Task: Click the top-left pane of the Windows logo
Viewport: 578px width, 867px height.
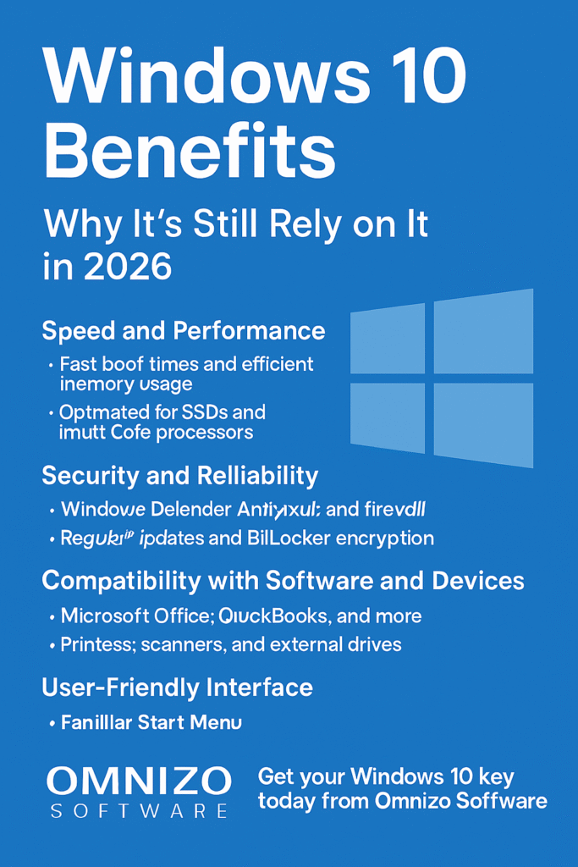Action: pyautogui.click(x=388, y=339)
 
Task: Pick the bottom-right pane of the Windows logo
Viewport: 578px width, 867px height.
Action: pyautogui.click(x=483, y=424)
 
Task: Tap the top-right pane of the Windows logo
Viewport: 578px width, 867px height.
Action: pyautogui.click(x=483, y=331)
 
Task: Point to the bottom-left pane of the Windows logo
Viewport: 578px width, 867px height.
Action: pyautogui.click(x=388, y=417)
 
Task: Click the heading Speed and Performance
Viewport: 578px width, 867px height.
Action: pyautogui.click(x=184, y=329)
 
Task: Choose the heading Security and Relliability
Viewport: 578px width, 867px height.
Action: pyautogui.click(x=180, y=476)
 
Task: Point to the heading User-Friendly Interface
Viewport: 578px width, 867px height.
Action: pyautogui.click(x=178, y=687)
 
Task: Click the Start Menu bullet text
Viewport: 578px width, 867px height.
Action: pyautogui.click(x=151, y=723)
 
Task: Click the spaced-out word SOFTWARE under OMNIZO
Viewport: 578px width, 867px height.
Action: pyautogui.click(x=139, y=811)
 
